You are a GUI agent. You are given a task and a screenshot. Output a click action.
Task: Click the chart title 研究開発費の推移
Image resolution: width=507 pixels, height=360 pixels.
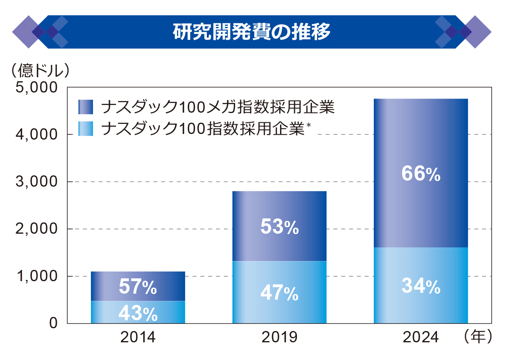coord(251,32)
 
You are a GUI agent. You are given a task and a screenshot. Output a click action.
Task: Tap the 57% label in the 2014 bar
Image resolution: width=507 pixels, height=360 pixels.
coord(138,287)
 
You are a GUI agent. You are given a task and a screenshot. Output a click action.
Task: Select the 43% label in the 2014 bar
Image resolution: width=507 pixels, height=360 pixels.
coord(138,314)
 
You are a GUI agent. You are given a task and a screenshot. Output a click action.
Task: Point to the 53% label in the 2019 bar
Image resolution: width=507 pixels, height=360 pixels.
coord(279,227)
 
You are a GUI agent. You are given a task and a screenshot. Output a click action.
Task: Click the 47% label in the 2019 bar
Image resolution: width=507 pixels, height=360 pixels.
coord(279,294)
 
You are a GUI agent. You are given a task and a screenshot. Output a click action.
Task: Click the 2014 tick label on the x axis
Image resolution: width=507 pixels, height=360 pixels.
coord(138,337)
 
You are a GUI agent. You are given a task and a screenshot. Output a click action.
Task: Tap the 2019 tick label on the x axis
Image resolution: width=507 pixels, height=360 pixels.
coord(279,337)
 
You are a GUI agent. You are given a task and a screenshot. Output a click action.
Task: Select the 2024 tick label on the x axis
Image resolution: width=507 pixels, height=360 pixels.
coord(420,337)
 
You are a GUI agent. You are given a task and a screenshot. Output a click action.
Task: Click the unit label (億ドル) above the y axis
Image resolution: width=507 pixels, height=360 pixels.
coord(39,71)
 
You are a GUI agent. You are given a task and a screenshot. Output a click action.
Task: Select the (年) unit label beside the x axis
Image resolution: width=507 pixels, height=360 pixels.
coord(478,337)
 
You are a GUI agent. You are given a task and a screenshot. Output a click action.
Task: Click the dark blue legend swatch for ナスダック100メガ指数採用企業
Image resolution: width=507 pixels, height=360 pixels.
coord(86,107)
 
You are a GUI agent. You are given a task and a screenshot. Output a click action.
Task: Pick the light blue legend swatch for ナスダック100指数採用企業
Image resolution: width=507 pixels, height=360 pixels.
coord(86,129)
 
